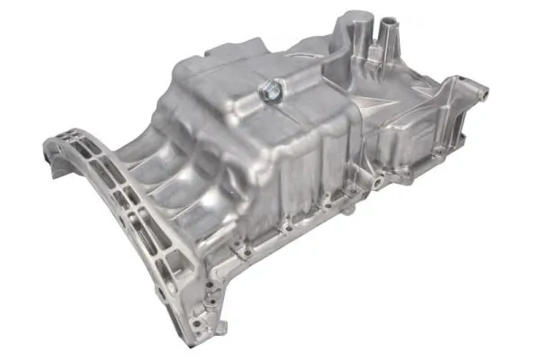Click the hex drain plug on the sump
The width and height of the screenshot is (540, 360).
pos(268,88)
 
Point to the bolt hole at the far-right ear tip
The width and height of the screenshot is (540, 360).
pos(482,91)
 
